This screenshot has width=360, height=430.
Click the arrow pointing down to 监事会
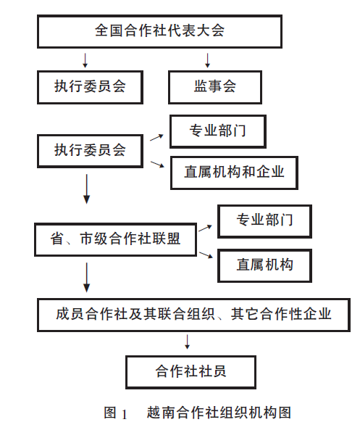click(x=207, y=60)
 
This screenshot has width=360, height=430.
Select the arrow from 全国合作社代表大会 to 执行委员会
click(x=85, y=60)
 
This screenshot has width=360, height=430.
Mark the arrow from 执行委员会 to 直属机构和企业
click(x=157, y=165)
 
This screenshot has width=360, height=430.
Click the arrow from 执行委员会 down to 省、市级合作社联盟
click(x=87, y=189)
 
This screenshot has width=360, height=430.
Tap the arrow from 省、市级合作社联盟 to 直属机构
click(x=206, y=255)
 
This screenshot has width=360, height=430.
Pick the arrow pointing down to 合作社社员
click(x=188, y=342)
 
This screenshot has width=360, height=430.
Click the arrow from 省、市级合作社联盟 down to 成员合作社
click(x=87, y=277)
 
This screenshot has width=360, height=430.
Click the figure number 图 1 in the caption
click(x=116, y=413)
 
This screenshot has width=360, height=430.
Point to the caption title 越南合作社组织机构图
click(x=219, y=413)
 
